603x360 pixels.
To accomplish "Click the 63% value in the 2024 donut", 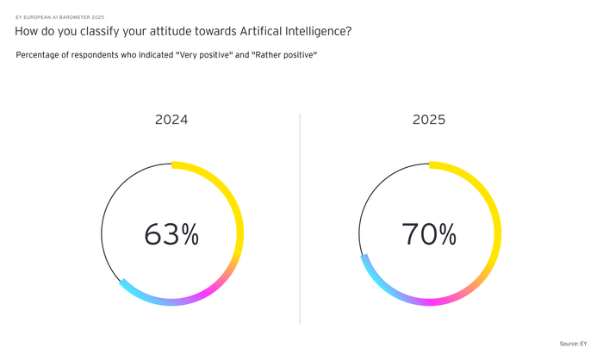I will [x=171, y=233].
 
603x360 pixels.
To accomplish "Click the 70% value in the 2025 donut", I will [x=429, y=233].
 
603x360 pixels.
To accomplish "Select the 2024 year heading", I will [x=171, y=120].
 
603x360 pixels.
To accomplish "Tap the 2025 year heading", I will [x=429, y=120].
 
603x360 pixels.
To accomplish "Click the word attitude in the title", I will [x=154, y=32].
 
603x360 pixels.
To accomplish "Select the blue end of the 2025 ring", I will [x=365, y=260].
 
